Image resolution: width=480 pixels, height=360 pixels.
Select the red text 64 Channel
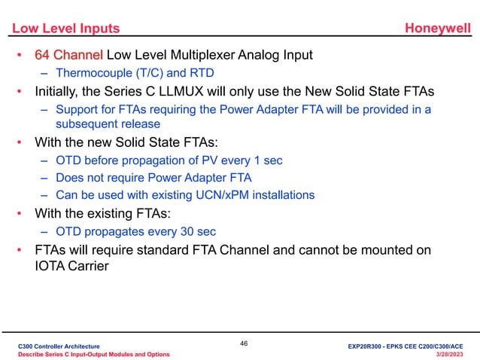pyautogui.click(x=69, y=55)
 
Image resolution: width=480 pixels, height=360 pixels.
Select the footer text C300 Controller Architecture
pyautogui.click(x=59, y=345)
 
